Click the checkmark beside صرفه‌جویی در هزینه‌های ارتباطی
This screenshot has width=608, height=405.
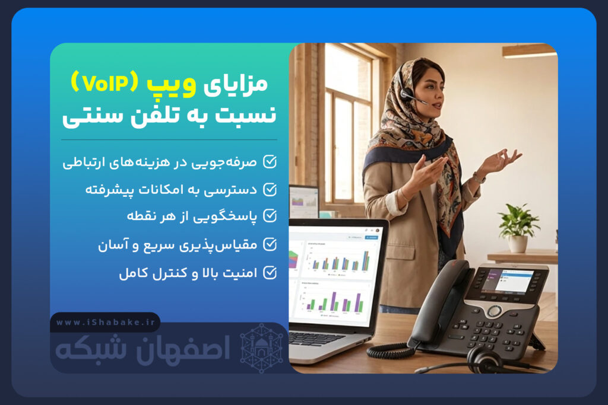click(x=270, y=161)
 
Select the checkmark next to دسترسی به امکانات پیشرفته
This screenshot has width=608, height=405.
click(x=270, y=189)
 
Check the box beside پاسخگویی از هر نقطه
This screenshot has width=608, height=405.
click(x=270, y=216)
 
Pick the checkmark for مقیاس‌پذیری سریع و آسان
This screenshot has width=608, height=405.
click(x=270, y=244)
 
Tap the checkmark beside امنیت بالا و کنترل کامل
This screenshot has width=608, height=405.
click(x=270, y=272)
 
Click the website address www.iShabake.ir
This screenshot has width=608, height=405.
click(x=104, y=323)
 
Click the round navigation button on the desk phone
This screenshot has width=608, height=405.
click(x=494, y=311)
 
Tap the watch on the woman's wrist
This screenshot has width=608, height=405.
click(x=479, y=177)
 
